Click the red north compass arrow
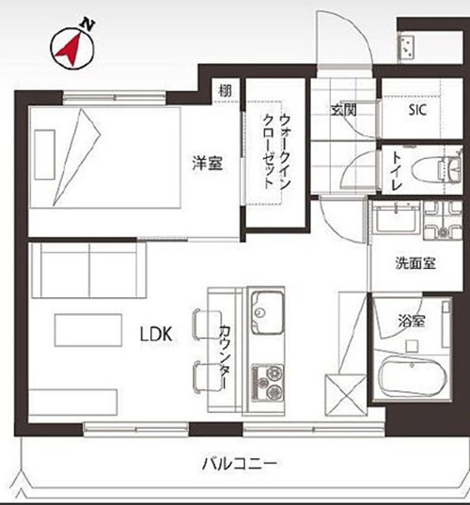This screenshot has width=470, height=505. [x=70, y=51]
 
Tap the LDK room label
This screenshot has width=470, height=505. [x=156, y=334]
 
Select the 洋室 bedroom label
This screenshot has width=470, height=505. [x=207, y=163]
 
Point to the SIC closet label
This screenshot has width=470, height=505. [x=417, y=110]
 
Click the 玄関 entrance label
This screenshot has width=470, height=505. [x=343, y=110]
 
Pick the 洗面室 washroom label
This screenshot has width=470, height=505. [x=415, y=263]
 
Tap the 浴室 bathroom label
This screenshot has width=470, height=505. [x=412, y=321]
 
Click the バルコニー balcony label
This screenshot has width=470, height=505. [x=240, y=464]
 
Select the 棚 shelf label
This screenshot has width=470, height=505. [x=225, y=91]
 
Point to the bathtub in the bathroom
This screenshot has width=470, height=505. [x=413, y=376]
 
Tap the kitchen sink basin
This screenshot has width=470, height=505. [x=268, y=312]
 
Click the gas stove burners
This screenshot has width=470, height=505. [x=268, y=383]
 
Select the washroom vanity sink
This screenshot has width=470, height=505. [x=397, y=217]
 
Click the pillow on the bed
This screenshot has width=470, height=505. [x=45, y=154]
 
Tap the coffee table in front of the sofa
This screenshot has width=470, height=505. [x=88, y=330]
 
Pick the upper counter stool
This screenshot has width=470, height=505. [x=208, y=324]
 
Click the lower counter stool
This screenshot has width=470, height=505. [x=208, y=376]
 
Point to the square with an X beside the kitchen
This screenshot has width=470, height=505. [x=345, y=395]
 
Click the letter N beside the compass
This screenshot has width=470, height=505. [x=87, y=25]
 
